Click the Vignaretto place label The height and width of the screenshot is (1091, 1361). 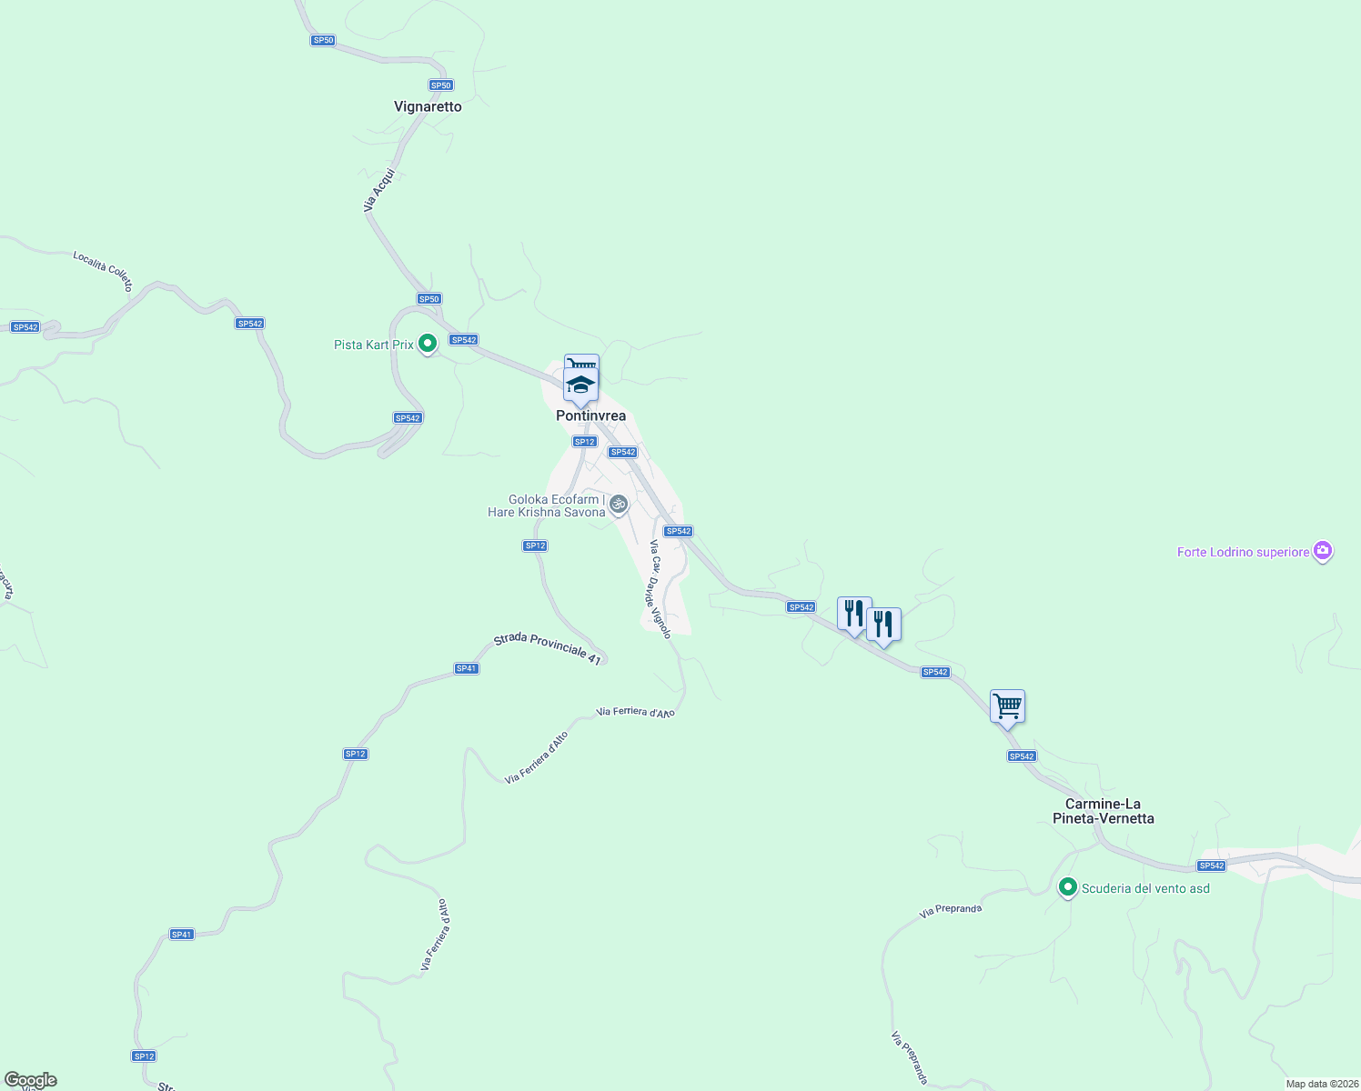[x=428, y=106]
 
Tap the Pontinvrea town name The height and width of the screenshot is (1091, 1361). [x=590, y=415]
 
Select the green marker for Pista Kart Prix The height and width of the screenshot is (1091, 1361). [x=428, y=344]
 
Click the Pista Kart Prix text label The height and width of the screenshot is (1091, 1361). [x=373, y=345]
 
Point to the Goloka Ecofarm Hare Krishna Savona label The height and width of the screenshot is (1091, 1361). [x=547, y=505]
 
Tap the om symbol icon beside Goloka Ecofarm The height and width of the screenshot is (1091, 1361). [x=619, y=504]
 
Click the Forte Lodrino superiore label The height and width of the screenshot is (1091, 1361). [x=1243, y=552]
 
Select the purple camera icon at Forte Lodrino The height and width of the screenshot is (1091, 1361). [x=1323, y=551]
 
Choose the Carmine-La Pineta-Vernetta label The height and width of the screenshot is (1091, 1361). [x=1103, y=811]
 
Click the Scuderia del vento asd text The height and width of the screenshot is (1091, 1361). [x=1145, y=888]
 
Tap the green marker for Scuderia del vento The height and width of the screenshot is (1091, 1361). [x=1068, y=887]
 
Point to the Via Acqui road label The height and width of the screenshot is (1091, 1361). [x=379, y=190]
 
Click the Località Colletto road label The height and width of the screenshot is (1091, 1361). [x=103, y=271]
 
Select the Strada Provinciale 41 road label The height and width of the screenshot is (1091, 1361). [x=548, y=648]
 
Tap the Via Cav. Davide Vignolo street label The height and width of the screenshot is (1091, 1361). [x=660, y=589]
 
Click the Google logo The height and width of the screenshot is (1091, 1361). [x=30, y=1080]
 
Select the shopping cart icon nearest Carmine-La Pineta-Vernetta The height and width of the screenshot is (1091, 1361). [x=1007, y=706]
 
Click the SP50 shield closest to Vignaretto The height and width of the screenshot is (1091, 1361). [x=441, y=85]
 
